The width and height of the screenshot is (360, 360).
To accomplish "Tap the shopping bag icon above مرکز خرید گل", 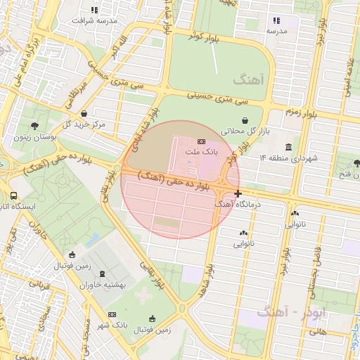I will (84, 113).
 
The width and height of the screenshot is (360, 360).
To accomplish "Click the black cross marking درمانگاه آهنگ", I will (238, 193).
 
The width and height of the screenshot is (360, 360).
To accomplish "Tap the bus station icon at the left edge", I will (13, 196).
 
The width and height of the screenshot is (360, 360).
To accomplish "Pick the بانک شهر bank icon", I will (112, 314).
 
